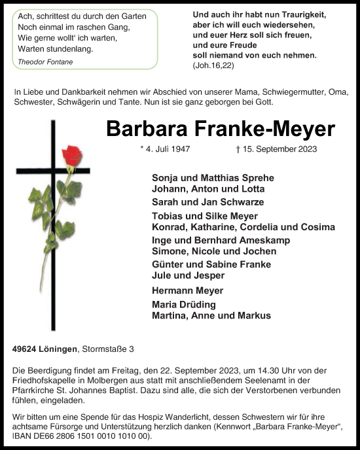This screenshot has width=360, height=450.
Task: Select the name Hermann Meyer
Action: click(187, 290)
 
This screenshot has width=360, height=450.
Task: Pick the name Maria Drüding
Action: click(184, 305)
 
